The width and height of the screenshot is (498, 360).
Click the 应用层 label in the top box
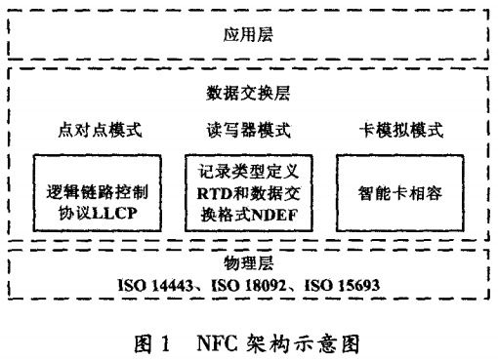click(248, 34)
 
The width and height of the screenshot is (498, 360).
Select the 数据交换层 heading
click(248, 95)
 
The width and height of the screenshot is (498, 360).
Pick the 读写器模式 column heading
click(248, 131)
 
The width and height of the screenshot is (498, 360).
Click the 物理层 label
click(248, 264)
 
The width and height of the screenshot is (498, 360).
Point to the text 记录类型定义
click(249, 173)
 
